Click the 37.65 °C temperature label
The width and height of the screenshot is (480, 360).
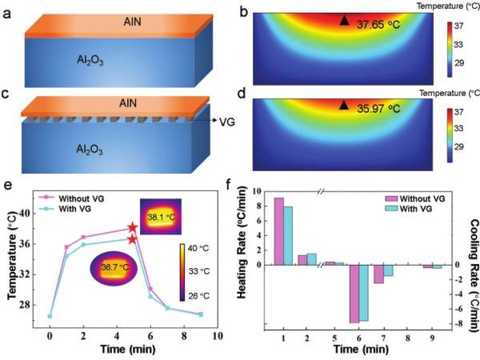click(x=380, y=25)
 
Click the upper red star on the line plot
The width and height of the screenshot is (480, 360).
click(x=133, y=229)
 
